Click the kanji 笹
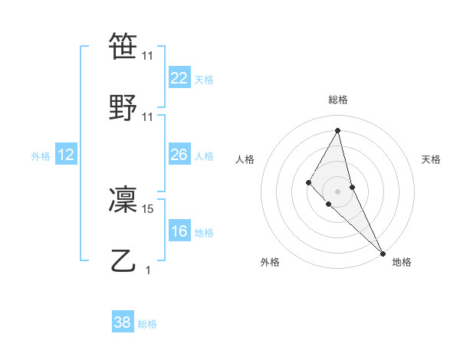[x=124, y=46]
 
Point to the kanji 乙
[x=124, y=261]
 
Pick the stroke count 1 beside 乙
[x=148, y=270]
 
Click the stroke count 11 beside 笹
[x=148, y=56]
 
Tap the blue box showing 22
[x=179, y=78]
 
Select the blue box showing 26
[x=179, y=155]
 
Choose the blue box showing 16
[x=179, y=231]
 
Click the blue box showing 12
[x=66, y=155]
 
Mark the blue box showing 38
[x=123, y=322]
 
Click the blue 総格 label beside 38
[x=147, y=324]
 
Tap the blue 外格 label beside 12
[x=41, y=156]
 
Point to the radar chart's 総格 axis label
[x=337, y=100]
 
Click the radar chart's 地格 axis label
[x=402, y=262]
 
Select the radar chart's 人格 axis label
[x=245, y=159]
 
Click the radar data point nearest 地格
[x=383, y=252]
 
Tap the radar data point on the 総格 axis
[x=337, y=130]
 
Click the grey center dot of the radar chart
[x=337, y=191]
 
